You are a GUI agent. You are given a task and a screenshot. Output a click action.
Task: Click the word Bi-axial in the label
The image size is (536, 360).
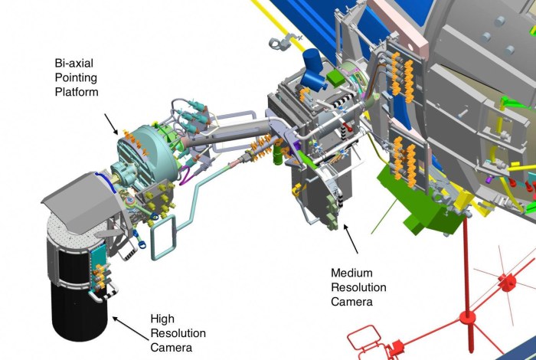tap(74, 63)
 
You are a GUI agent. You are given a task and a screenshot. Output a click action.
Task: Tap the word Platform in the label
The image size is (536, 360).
tap(77, 92)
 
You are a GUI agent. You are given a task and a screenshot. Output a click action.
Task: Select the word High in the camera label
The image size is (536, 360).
tap(162, 319)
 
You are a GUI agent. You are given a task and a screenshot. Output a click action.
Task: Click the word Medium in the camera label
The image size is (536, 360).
tap(351, 273)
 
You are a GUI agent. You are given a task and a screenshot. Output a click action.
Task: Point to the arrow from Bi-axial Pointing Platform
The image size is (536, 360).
tap(111, 124)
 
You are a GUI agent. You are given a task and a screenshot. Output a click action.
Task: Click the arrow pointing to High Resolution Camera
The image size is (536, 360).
tap(131, 329)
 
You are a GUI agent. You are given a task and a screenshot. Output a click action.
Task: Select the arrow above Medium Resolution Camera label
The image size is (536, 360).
tap(351, 239)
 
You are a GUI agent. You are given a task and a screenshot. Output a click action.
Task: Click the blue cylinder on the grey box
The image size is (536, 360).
tap(313, 70)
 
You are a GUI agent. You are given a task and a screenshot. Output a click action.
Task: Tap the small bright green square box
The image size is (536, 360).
tap(335, 77)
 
